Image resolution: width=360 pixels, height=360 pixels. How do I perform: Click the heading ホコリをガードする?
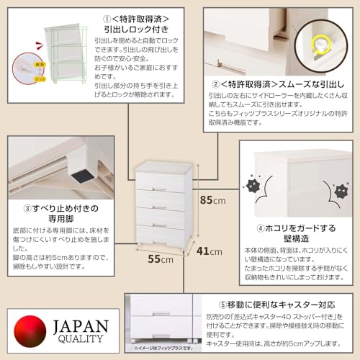pos(298,228)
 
